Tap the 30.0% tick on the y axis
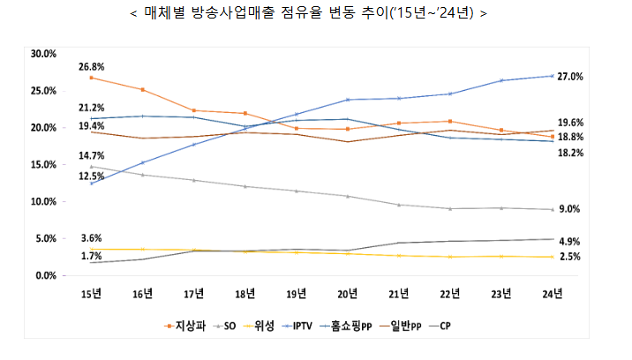click(43, 54)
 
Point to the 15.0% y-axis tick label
click(43, 165)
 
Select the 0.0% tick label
click(46, 276)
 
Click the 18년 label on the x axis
click(245, 294)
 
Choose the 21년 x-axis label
click(399, 294)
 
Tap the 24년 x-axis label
click(553, 294)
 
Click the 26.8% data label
click(91, 66)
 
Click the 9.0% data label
click(569, 209)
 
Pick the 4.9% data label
click(569, 241)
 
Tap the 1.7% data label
click(91, 256)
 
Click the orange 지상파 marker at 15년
click(91, 78)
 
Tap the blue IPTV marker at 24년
click(553, 76)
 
